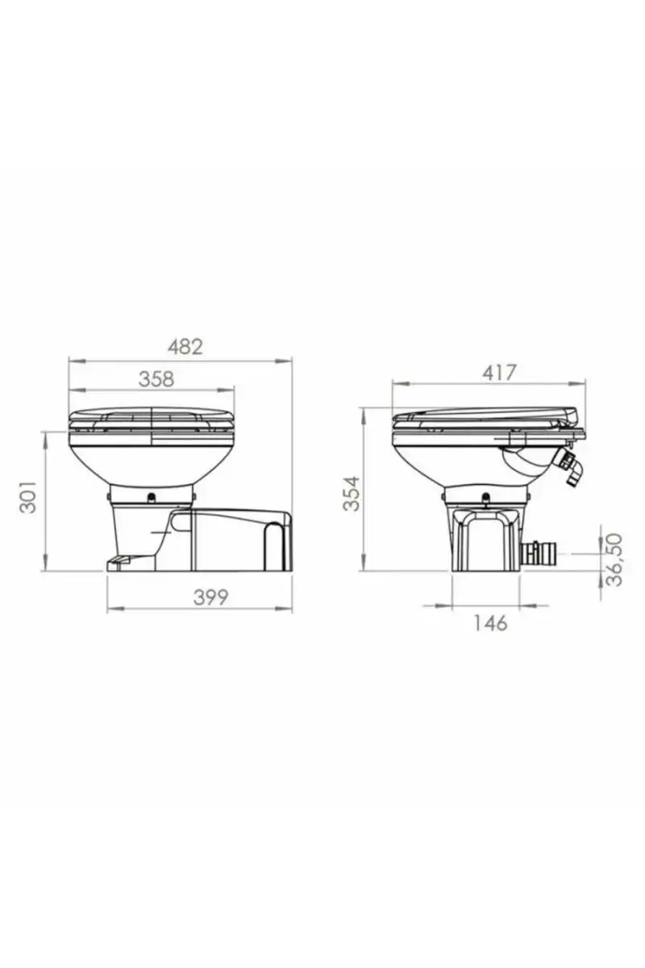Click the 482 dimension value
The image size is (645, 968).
[185, 347]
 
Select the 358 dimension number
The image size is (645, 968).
[156, 379]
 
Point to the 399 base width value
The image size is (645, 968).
[210, 598]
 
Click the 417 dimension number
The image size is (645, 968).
[499, 373]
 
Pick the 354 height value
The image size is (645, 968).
[352, 494]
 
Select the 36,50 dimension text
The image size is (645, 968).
[614, 559]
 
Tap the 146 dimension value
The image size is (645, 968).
[490, 623]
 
